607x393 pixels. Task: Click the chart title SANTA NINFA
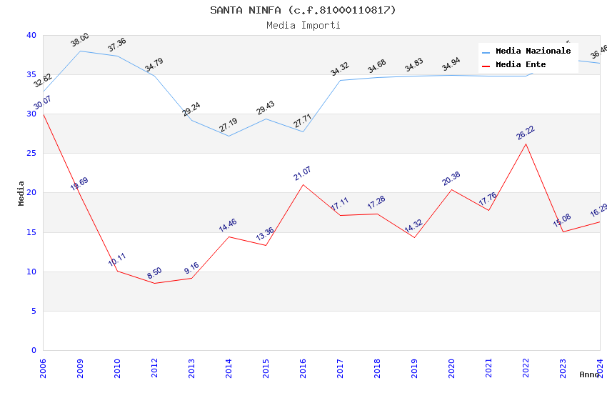(x=303, y=10)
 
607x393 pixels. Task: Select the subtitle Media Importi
(x=303, y=25)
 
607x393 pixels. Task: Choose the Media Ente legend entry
(x=521, y=65)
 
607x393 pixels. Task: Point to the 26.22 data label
(x=526, y=133)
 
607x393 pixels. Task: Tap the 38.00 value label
(x=80, y=40)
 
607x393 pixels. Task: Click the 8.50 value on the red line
(x=154, y=273)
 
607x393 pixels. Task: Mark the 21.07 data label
(x=303, y=173)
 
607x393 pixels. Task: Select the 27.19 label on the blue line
(x=229, y=126)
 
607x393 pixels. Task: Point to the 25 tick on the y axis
(x=31, y=154)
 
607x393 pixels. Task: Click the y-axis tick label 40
(x=31, y=35)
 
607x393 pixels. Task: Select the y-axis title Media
(x=21, y=193)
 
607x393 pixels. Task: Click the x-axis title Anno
(x=589, y=374)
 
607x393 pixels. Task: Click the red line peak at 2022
(x=526, y=144)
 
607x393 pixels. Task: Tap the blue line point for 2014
(x=229, y=136)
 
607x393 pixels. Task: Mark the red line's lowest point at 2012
(x=154, y=283)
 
